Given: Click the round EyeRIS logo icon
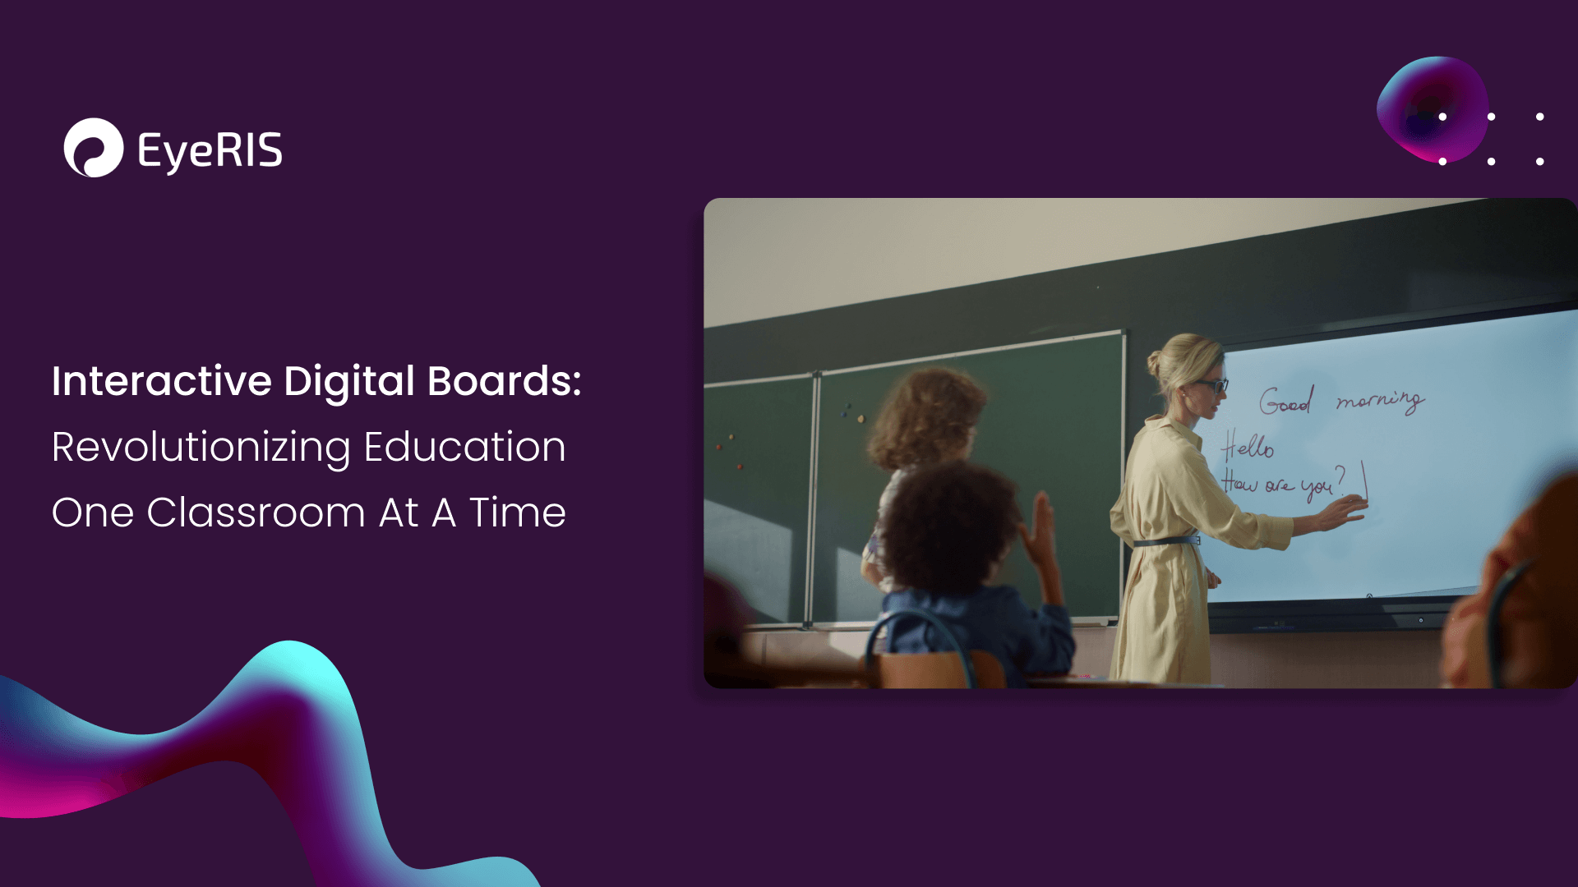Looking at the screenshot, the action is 94,148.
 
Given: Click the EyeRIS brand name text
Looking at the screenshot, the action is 210,151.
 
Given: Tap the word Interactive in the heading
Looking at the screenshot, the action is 162,381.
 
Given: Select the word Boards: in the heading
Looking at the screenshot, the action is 505,381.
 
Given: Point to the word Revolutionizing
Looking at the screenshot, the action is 201,448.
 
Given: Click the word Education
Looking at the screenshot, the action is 465,447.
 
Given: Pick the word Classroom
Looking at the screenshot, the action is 256,512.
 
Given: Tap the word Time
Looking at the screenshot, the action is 518,512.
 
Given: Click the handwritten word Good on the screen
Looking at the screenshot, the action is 1286,400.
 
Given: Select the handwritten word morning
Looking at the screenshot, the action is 1380,400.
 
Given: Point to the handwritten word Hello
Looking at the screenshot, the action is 1248,447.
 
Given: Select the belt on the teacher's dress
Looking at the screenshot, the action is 1166,541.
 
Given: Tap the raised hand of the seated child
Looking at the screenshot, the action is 1038,530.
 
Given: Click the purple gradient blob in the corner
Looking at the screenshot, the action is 1433,108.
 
